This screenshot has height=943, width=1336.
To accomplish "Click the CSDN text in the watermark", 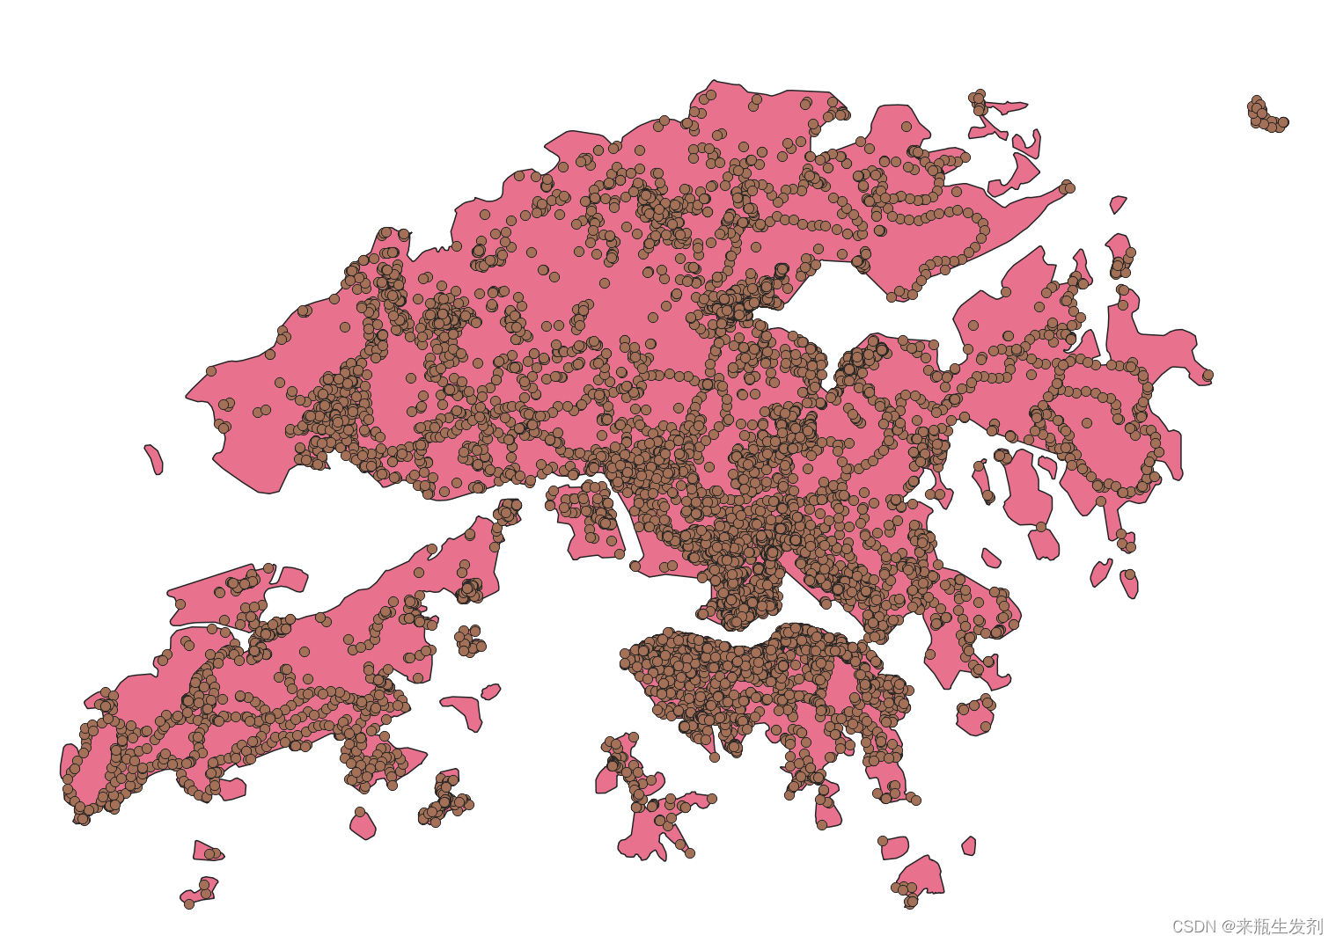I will (1193, 926).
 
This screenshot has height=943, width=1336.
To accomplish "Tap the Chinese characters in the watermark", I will (1279, 926).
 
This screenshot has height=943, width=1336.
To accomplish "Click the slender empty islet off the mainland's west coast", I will (154, 458).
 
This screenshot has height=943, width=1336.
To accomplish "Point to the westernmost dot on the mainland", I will (211, 371).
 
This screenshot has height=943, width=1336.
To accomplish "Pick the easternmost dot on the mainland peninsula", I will (1208, 375).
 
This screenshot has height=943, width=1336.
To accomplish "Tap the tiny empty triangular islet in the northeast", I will (1118, 204).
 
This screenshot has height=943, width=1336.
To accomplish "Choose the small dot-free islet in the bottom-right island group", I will (969, 846).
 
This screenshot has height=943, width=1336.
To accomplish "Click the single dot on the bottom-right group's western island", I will (883, 841).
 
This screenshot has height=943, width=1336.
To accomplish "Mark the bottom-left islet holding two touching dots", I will (209, 852).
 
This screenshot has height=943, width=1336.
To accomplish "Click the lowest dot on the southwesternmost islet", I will (188, 903).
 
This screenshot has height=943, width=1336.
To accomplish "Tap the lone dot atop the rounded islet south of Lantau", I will (360, 812).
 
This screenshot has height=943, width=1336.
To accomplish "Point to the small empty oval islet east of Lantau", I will (490, 691).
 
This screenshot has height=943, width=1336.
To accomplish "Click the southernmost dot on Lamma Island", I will (690, 852).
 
